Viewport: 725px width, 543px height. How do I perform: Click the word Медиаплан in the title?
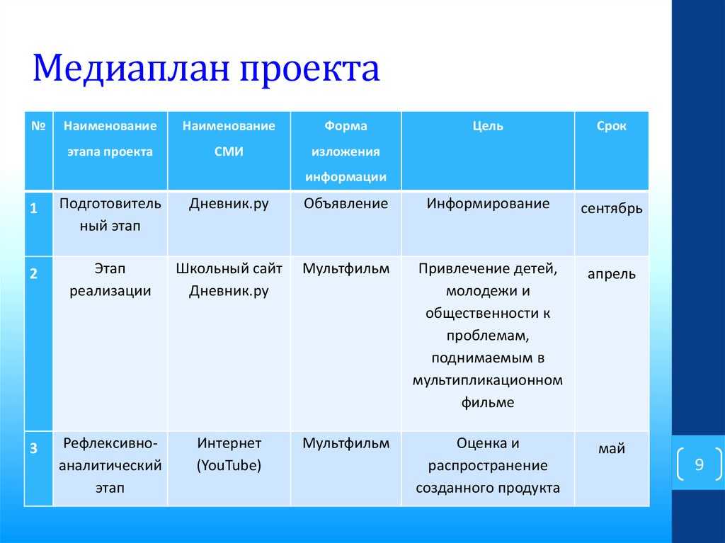click(131, 69)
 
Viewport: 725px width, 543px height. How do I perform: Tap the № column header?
click(38, 126)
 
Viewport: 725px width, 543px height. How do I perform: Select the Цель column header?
click(488, 126)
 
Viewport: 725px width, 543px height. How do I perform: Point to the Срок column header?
click(611, 126)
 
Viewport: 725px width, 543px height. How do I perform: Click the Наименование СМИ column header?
click(229, 138)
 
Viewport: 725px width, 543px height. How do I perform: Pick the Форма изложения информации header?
click(346, 152)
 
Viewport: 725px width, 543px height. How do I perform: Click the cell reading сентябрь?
click(612, 209)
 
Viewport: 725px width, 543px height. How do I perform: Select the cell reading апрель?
click(612, 274)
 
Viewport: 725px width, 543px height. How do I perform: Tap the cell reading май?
click(612, 448)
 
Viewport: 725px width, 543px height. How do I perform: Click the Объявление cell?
click(346, 203)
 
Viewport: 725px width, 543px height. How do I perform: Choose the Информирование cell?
click(488, 204)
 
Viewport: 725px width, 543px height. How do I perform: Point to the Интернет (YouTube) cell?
click(229, 455)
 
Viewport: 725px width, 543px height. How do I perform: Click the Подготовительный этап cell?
click(110, 215)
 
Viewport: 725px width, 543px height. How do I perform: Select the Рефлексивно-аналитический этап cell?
click(110, 465)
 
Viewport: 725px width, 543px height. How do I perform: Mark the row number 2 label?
click(34, 273)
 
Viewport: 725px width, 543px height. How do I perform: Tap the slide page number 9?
click(699, 464)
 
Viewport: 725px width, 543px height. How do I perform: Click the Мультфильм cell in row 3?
click(346, 443)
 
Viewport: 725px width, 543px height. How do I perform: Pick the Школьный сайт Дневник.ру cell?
click(229, 280)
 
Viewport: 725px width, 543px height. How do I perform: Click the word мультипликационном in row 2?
click(488, 381)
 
